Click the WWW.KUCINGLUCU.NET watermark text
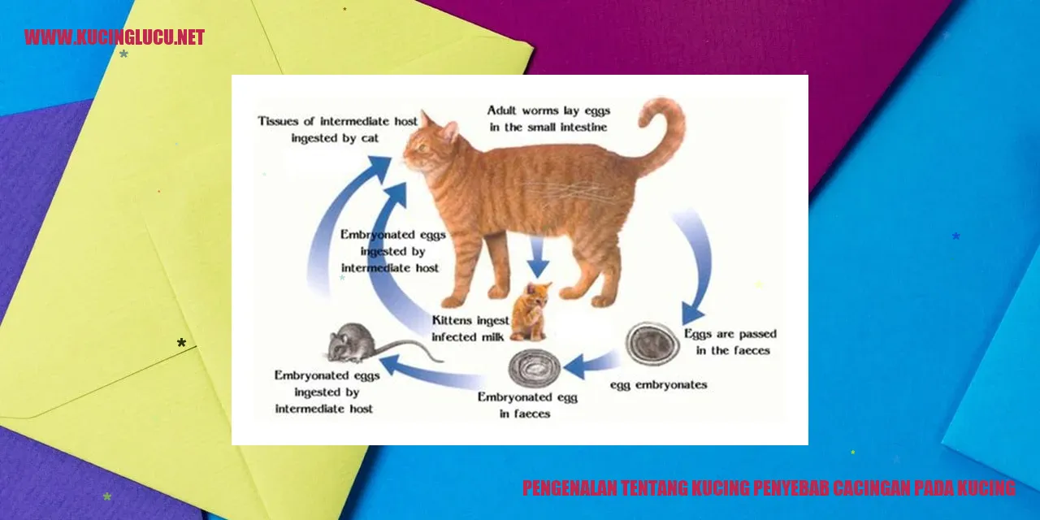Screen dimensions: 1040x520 [x=115, y=37]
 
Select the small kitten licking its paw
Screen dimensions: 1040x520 [x=531, y=311]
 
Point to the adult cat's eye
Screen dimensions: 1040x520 [x=422, y=148]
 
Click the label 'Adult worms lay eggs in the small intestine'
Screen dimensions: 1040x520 [x=548, y=119]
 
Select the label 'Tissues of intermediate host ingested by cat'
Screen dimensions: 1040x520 [x=337, y=129]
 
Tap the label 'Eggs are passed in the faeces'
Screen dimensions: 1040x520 [x=730, y=342]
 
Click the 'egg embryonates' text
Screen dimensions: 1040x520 [x=658, y=385]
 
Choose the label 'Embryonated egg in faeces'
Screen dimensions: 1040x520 [x=527, y=405]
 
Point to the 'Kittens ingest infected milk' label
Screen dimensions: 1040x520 [x=470, y=329]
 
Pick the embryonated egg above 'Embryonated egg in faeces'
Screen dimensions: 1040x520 [x=535, y=369]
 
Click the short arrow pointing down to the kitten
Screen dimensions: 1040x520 [x=538, y=258]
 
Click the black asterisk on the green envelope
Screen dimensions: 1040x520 [x=181, y=343]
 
